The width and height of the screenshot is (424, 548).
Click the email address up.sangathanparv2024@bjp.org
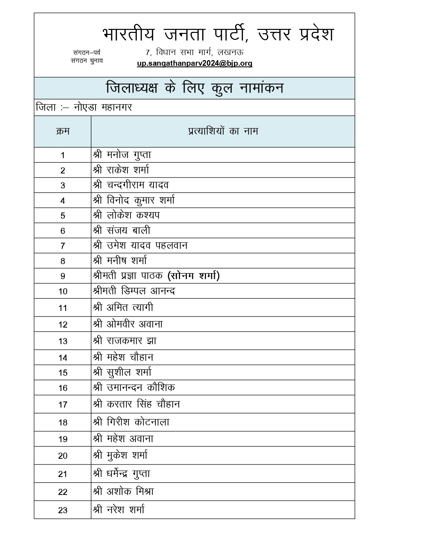click(x=195, y=63)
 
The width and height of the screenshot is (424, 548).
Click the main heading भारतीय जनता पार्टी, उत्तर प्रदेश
click(x=218, y=34)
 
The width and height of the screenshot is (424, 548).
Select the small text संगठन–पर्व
click(x=87, y=52)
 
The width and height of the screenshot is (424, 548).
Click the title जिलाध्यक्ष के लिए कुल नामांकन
click(x=195, y=88)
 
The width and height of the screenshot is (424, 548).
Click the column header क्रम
click(x=63, y=132)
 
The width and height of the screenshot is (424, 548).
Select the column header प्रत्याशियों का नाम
click(x=223, y=131)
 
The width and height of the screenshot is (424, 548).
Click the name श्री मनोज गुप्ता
click(x=122, y=155)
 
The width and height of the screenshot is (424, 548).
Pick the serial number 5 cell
click(x=63, y=216)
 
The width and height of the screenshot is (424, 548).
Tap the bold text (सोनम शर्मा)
click(x=194, y=276)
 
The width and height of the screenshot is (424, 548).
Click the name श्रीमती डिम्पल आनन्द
click(x=134, y=291)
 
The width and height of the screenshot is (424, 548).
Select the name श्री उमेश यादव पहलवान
click(x=140, y=245)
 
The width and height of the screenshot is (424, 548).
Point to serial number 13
click(x=63, y=341)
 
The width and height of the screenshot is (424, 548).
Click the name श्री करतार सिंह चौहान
click(x=136, y=404)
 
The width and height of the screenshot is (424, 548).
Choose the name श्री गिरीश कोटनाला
click(x=131, y=422)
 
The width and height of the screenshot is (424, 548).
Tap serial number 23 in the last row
click(x=63, y=510)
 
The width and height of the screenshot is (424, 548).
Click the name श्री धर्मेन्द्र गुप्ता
click(x=122, y=474)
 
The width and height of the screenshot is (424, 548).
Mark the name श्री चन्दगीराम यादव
click(x=131, y=185)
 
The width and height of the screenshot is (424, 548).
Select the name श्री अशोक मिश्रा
click(x=123, y=492)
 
